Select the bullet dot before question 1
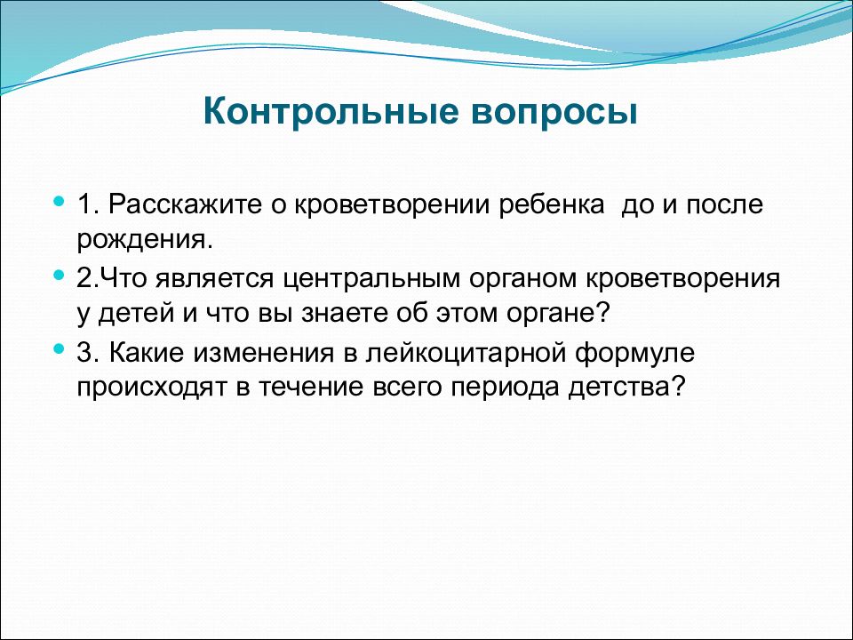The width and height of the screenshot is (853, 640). coord(59,202)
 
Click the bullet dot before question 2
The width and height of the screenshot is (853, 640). coord(59,276)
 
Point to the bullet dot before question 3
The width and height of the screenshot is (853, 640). coord(59,349)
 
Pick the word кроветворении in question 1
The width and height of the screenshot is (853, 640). coord(393,204)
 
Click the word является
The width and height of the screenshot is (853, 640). coord(214,279)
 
